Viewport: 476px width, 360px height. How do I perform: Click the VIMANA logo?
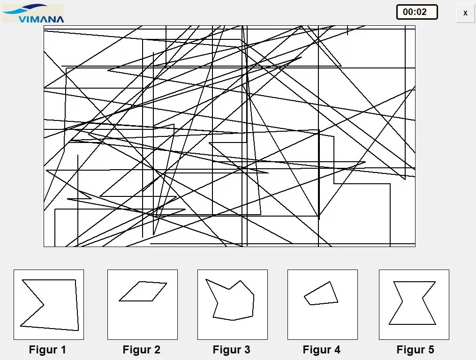coord(33,13)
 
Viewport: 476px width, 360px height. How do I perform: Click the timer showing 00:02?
coord(416,12)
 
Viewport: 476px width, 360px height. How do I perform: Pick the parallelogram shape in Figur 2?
coord(143,291)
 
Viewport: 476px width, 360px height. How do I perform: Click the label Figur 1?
coord(48,350)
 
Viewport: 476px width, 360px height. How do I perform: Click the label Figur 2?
coord(142,350)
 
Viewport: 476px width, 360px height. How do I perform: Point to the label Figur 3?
coord(232,350)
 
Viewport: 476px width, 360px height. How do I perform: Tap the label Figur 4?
coord(322,350)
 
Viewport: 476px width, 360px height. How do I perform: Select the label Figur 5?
coord(416,350)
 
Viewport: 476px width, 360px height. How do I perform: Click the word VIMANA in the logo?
coord(41,19)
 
